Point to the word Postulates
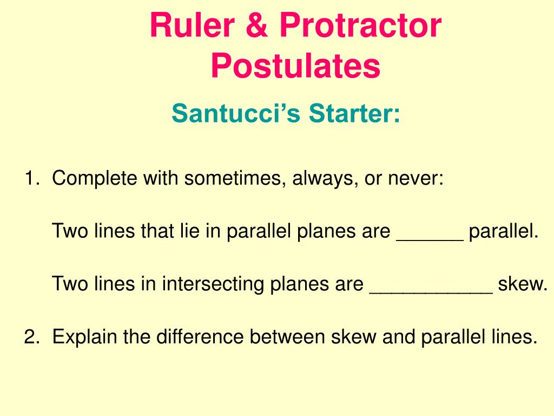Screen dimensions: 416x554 point(295,66)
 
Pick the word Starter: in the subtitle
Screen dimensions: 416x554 point(355,114)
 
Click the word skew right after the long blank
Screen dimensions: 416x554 point(523,284)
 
